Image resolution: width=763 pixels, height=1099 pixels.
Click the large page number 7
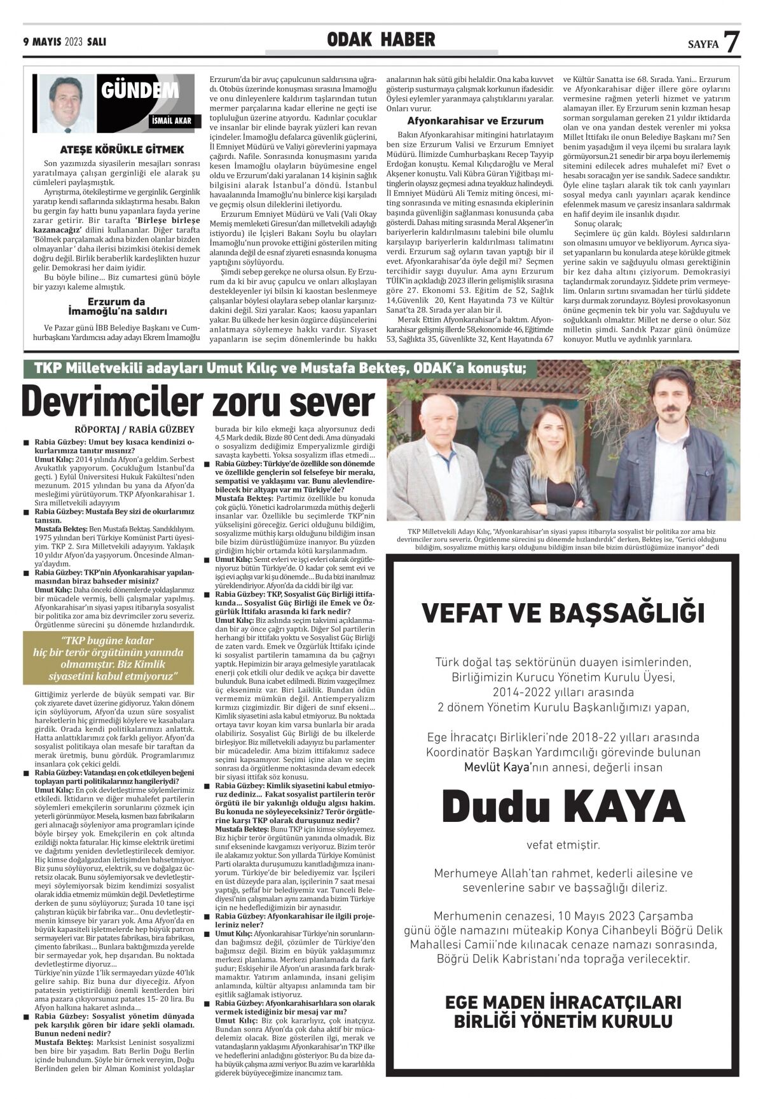(732, 41)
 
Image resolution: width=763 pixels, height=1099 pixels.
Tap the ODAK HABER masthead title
(381, 40)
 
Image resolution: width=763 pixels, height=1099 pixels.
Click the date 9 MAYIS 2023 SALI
(64, 42)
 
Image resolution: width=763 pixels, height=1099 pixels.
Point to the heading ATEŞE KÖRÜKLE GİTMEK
(121, 149)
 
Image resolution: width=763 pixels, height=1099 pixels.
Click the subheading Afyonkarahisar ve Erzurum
(475, 121)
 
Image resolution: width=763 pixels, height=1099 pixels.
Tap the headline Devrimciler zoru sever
(198, 402)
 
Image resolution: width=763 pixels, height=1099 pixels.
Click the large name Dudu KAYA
(563, 806)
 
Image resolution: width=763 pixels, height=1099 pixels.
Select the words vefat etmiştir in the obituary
(563, 845)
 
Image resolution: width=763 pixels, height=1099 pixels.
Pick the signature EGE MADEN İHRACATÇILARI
(563, 1002)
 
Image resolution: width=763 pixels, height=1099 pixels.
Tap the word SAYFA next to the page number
(703, 45)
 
